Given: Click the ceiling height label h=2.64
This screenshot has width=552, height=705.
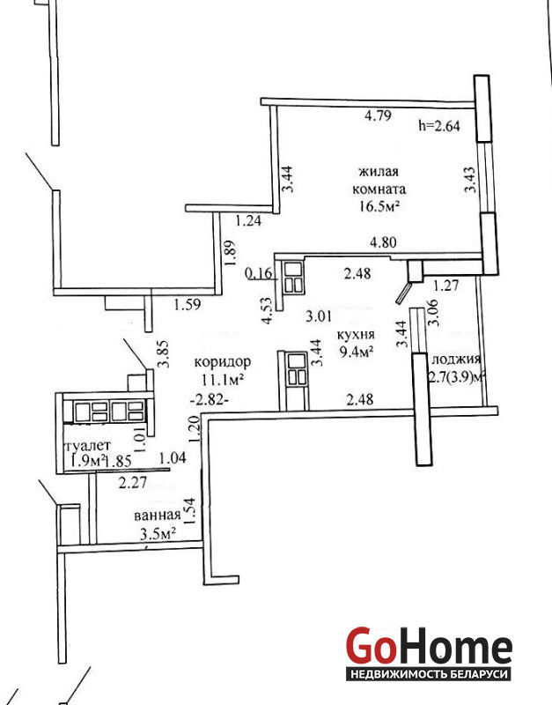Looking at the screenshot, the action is pyautogui.click(x=438, y=125).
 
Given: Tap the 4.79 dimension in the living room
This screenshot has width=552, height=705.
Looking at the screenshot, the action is pyautogui.click(x=378, y=115).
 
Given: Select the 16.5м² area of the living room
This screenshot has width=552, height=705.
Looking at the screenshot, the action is pyautogui.click(x=379, y=206).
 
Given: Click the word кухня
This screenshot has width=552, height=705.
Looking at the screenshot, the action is pyautogui.click(x=356, y=335).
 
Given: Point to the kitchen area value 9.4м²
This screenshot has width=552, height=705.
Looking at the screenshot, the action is pyautogui.click(x=357, y=351).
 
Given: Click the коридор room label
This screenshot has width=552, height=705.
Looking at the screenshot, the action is pyautogui.click(x=223, y=362).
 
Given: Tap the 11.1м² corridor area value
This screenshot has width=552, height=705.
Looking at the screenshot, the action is pyautogui.click(x=223, y=380).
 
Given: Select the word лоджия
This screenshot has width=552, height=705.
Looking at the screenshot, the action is pyautogui.click(x=456, y=360).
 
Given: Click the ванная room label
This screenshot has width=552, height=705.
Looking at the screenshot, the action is pyautogui.click(x=158, y=516).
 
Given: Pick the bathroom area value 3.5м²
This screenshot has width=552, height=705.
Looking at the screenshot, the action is pyautogui.click(x=158, y=534).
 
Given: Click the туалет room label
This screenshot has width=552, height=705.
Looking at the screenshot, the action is pyautogui.click(x=88, y=446).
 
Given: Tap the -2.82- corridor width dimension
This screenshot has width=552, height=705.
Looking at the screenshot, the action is pyautogui.click(x=210, y=399).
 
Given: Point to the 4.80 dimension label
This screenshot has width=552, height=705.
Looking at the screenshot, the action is pyautogui.click(x=383, y=243).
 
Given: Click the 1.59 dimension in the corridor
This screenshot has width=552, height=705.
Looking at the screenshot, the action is pyautogui.click(x=188, y=305).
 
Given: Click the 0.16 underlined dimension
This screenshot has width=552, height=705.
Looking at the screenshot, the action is pyautogui.click(x=259, y=273).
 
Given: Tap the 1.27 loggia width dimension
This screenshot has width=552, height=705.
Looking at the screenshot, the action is pyautogui.click(x=445, y=286).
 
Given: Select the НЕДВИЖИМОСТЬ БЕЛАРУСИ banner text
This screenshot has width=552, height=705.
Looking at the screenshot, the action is pyautogui.click(x=429, y=674).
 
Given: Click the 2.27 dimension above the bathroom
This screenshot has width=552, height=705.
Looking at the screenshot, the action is pyautogui.click(x=133, y=483).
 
